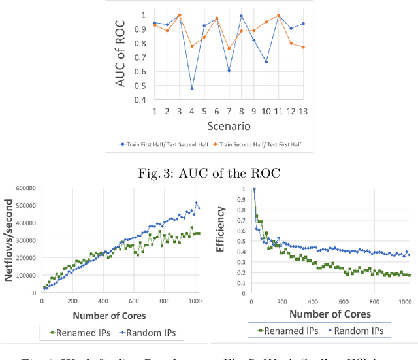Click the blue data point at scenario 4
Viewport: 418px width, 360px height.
click(191, 88)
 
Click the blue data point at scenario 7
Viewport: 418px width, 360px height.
click(229, 71)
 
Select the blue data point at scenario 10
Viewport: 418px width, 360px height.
click(266, 61)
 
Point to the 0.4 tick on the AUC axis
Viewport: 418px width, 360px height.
click(140, 99)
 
